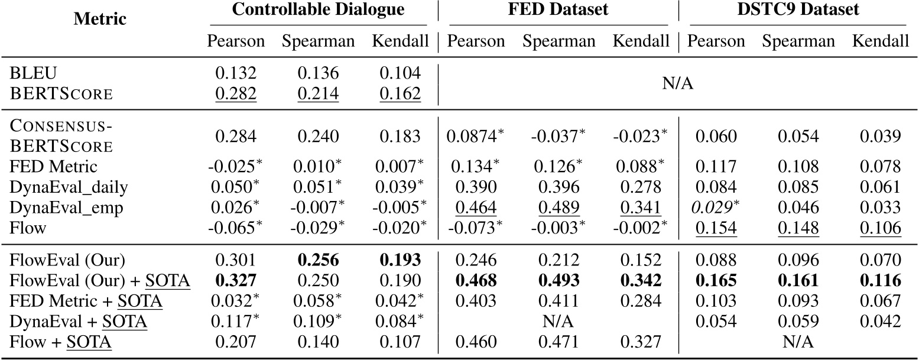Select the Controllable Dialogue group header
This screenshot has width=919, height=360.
click(x=319, y=10)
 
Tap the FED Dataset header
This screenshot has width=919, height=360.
click(x=558, y=10)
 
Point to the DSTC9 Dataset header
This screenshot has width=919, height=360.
click(x=798, y=10)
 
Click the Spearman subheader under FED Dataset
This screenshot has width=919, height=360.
click(x=558, y=41)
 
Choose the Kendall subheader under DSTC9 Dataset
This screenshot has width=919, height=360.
click(x=880, y=41)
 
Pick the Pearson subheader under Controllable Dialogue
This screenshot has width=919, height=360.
click(x=236, y=41)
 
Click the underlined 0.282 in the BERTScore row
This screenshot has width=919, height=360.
click(x=236, y=92)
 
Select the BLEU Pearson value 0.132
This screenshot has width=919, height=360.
click(x=236, y=73)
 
